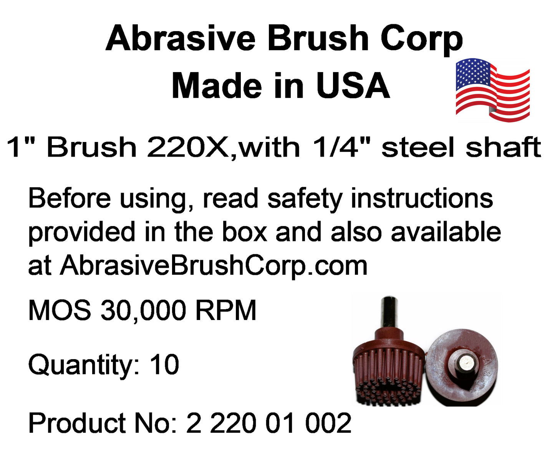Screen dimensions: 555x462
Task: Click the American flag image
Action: tap(492, 90)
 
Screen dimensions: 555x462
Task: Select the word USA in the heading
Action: tap(353, 86)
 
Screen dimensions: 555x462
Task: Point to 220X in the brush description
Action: tap(188, 147)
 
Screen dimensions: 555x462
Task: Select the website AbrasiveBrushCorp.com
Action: tap(213, 266)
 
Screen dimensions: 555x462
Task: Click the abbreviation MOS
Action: tap(60, 310)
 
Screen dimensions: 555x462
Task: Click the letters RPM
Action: tap(226, 310)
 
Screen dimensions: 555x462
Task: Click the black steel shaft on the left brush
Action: tap(389, 313)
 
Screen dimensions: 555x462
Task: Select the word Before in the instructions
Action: tap(70, 198)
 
